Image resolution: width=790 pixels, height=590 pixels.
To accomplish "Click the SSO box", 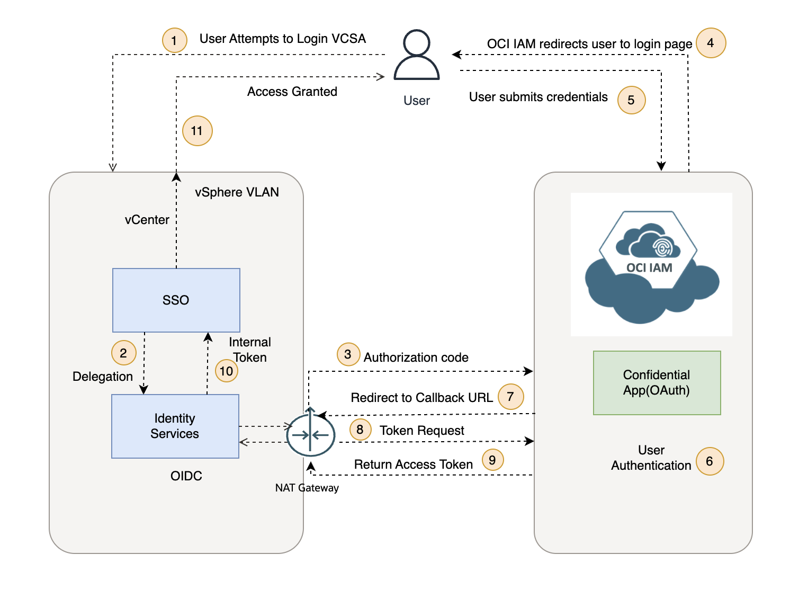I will point(176,300).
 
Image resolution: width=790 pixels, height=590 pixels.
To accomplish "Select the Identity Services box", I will point(175,426).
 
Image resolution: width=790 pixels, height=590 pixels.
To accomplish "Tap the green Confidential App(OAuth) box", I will point(657,383).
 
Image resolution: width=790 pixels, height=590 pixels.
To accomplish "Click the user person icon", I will point(417,55).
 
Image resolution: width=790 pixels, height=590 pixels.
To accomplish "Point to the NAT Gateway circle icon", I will point(310,435).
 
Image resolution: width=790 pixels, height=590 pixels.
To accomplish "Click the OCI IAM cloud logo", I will point(651,265).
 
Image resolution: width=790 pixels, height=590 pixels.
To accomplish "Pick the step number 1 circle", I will point(174,40).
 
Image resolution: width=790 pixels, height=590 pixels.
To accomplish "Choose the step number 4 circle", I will point(711,43).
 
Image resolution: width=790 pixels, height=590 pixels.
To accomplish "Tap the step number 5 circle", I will point(631,100).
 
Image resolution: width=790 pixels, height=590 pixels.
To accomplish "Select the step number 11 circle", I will point(197,131).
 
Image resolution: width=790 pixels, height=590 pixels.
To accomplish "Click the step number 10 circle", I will point(227,371).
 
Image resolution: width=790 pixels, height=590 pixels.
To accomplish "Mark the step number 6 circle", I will point(710,461).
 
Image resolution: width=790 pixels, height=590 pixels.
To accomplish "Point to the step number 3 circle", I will point(348,354).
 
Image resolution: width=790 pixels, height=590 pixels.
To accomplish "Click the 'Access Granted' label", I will point(292,92).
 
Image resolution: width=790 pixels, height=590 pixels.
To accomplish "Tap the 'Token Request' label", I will point(422,431).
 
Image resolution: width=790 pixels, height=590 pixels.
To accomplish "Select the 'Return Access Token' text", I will point(414,464).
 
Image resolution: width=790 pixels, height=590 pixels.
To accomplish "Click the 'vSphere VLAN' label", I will point(237,192).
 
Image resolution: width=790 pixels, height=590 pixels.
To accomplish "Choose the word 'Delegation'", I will point(103,377).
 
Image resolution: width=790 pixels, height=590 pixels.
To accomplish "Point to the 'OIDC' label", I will point(186,476).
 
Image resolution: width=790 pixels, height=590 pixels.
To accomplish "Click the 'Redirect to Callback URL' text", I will point(421,398).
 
